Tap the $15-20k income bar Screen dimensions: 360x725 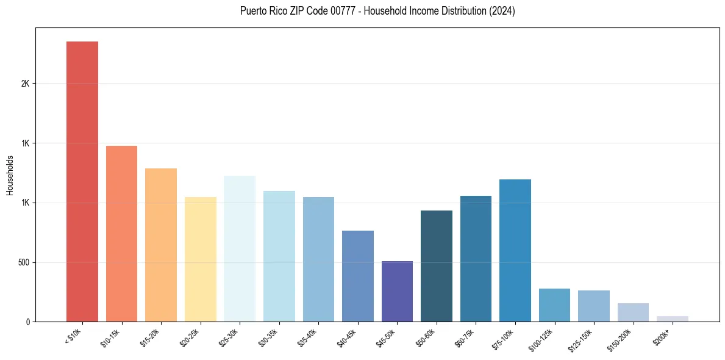(x=161, y=245)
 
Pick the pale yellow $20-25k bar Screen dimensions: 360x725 (x=200, y=259)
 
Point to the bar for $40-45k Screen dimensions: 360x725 (x=357, y=276)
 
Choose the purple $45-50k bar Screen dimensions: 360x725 (x=397, y=291)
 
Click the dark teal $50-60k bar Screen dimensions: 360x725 (x=437, y=266)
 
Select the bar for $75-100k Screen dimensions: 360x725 (x=515, y=250)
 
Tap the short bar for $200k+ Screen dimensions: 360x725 (x=673, y=319)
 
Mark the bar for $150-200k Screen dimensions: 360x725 (x=633, y=312)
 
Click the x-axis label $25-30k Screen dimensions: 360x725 (x=228, y=337)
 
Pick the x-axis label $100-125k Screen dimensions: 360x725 (x=541, y=339)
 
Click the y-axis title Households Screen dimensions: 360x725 (x=10, y=175)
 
